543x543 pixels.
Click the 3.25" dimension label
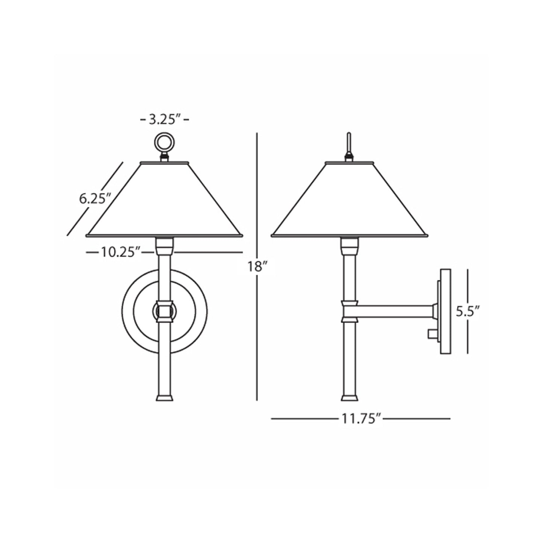(164, 120)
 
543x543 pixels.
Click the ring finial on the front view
(164, 142)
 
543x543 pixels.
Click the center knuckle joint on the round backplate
(164, 310)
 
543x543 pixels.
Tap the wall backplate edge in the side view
(445, 311)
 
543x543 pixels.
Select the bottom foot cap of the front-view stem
(164, 398)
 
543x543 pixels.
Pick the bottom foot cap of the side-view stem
(349, 398)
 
